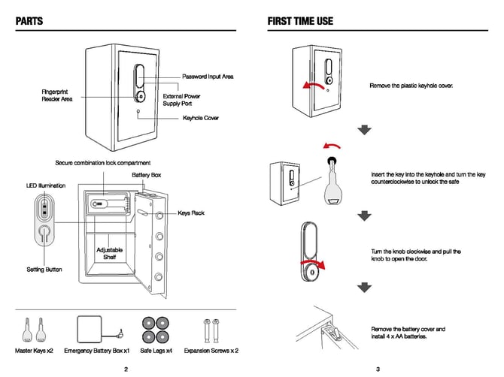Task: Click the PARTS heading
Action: [29, 21]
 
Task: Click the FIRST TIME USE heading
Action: [300, 21]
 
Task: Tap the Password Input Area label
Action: [208, 77]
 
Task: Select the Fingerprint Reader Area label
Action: [57, 95]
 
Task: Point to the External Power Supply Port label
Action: [182, 100]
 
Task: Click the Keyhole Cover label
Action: [201, 118]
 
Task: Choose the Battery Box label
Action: [147, 175]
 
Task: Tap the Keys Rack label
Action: [191, 213]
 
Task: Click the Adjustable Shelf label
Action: [110, 253]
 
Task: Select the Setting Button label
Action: [44, 269]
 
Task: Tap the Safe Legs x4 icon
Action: [156, 328]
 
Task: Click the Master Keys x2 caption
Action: [34, 351]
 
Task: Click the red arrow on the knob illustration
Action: [320, 264]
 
